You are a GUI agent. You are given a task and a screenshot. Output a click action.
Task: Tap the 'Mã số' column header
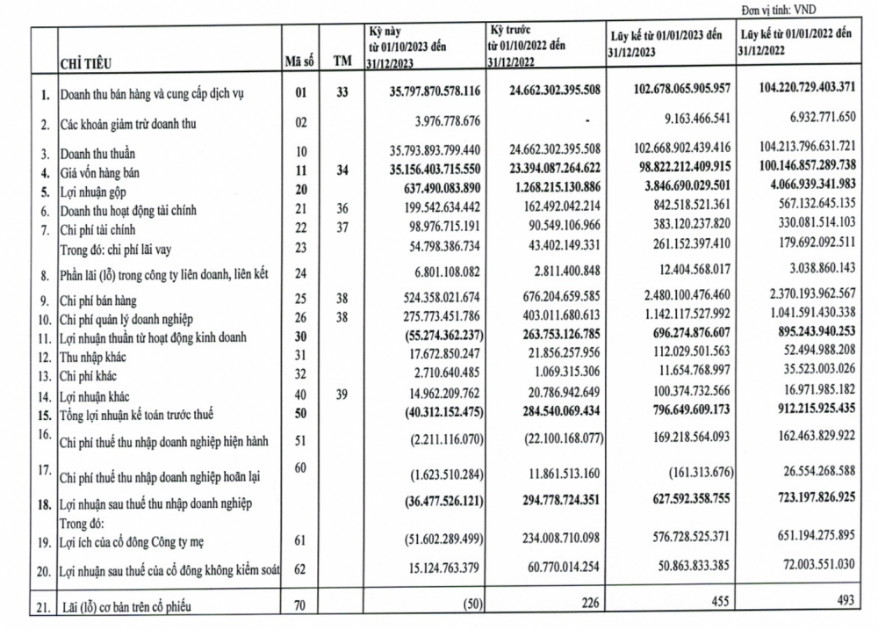tap(299, 62)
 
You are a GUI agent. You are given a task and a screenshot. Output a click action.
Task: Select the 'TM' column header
tap(342, 62)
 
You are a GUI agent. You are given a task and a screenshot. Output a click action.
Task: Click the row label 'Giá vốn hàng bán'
tap(102, 173)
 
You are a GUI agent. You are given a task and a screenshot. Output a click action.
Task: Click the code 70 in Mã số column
tap(299, 606)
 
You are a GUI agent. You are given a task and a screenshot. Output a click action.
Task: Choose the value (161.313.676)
tap(683, 474)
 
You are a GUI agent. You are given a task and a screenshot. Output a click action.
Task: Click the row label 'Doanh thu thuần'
tap(101, 156)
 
